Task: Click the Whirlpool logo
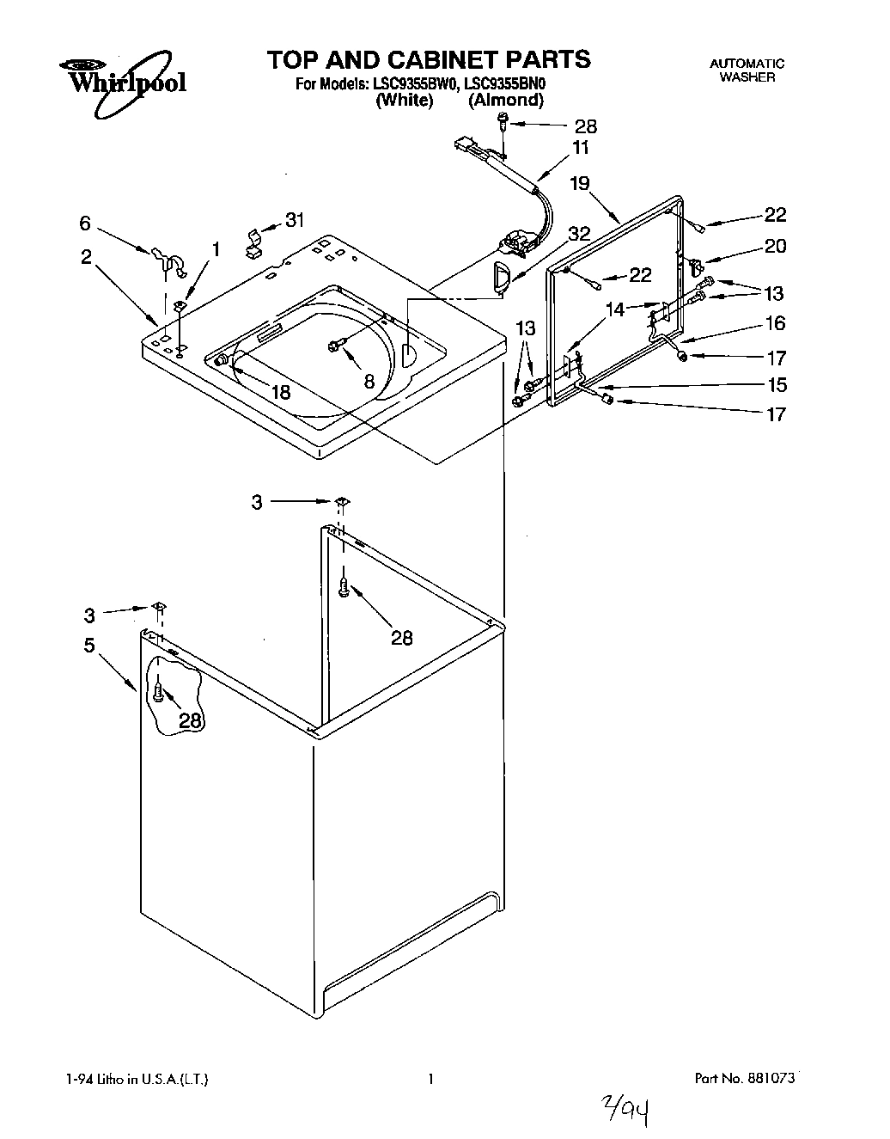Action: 121,83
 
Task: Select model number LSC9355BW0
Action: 416,84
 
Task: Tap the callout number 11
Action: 581,148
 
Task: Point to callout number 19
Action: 580,183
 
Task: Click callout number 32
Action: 579,233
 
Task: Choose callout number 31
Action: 294,220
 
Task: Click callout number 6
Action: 84,223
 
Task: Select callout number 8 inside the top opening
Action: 369,381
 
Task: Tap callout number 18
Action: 280,392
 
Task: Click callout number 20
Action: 774,246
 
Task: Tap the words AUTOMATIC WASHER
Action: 747,70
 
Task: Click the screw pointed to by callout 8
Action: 335,345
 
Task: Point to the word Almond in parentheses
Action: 505,100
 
